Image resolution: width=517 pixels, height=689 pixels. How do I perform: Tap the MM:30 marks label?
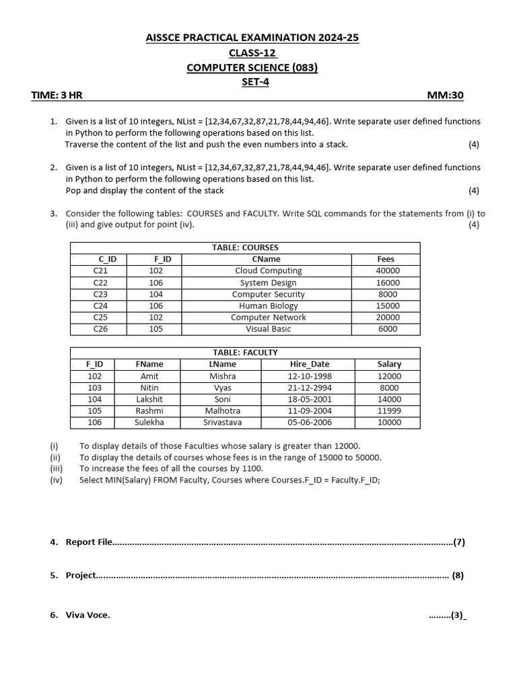coord(445,96)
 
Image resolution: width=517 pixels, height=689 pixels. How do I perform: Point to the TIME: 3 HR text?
coord(57,96)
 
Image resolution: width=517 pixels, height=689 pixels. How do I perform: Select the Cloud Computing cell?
coord(268,270)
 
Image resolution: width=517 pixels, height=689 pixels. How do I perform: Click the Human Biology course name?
coord(268,305)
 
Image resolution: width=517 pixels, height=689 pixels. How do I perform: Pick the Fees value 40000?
coord(387,270)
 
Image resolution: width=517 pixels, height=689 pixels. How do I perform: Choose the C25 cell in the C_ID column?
coord(100,317)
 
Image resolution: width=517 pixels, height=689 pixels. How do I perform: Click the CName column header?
coord(267,259)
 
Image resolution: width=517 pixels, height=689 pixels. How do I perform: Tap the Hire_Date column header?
coord(310,364)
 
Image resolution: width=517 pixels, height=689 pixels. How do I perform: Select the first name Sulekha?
coord(149,423)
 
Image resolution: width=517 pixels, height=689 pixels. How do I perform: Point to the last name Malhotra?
coord(222,410)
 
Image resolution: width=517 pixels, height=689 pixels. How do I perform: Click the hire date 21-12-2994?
coord(310,388)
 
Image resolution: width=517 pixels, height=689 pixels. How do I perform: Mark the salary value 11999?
coord(389,410)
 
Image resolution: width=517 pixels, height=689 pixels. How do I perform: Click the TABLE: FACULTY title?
coord(245,353)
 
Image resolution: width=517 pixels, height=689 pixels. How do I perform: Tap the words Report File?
coord(89,542)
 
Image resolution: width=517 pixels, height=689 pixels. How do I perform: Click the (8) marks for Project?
coord(458,575)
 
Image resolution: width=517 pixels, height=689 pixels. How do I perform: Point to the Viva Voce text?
coord(88,614)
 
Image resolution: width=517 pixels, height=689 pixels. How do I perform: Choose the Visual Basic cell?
coord(268,329)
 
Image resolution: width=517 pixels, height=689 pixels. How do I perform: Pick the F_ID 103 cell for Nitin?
coord(94,388)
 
